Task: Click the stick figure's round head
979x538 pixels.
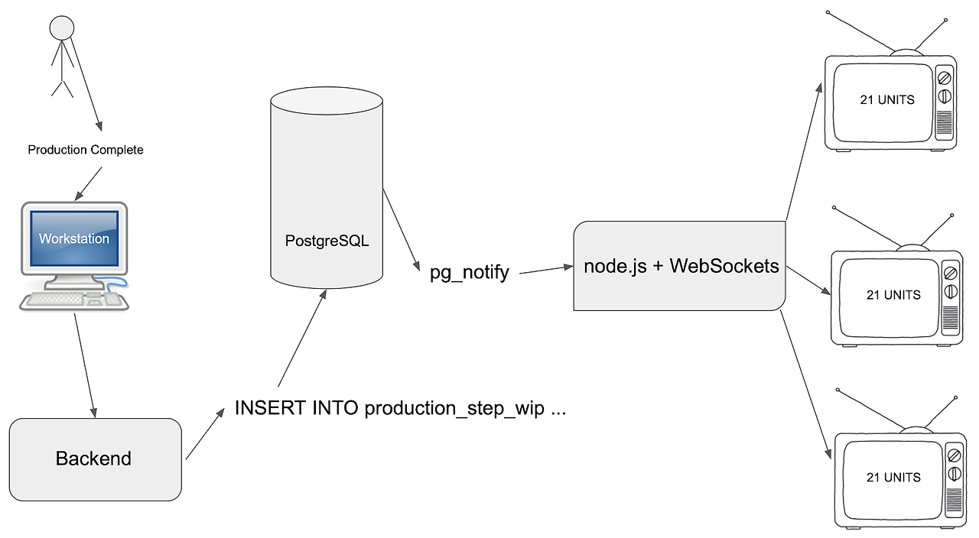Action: point(61,28)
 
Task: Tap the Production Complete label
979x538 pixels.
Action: point(86,150)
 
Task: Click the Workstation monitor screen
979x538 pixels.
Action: point(74,238)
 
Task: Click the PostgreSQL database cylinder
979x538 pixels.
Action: point(327,191)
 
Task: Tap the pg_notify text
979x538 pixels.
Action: point(470,273)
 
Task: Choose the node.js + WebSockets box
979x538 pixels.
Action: point(681,266)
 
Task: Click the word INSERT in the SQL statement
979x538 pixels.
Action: point(271,408)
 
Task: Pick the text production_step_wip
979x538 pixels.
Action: point(454,409)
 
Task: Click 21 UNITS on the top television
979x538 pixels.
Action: point(887,100)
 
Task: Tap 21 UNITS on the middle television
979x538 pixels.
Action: point(893,295)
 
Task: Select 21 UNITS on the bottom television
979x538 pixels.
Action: point(893,478)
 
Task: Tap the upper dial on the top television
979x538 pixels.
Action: point(944,78)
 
